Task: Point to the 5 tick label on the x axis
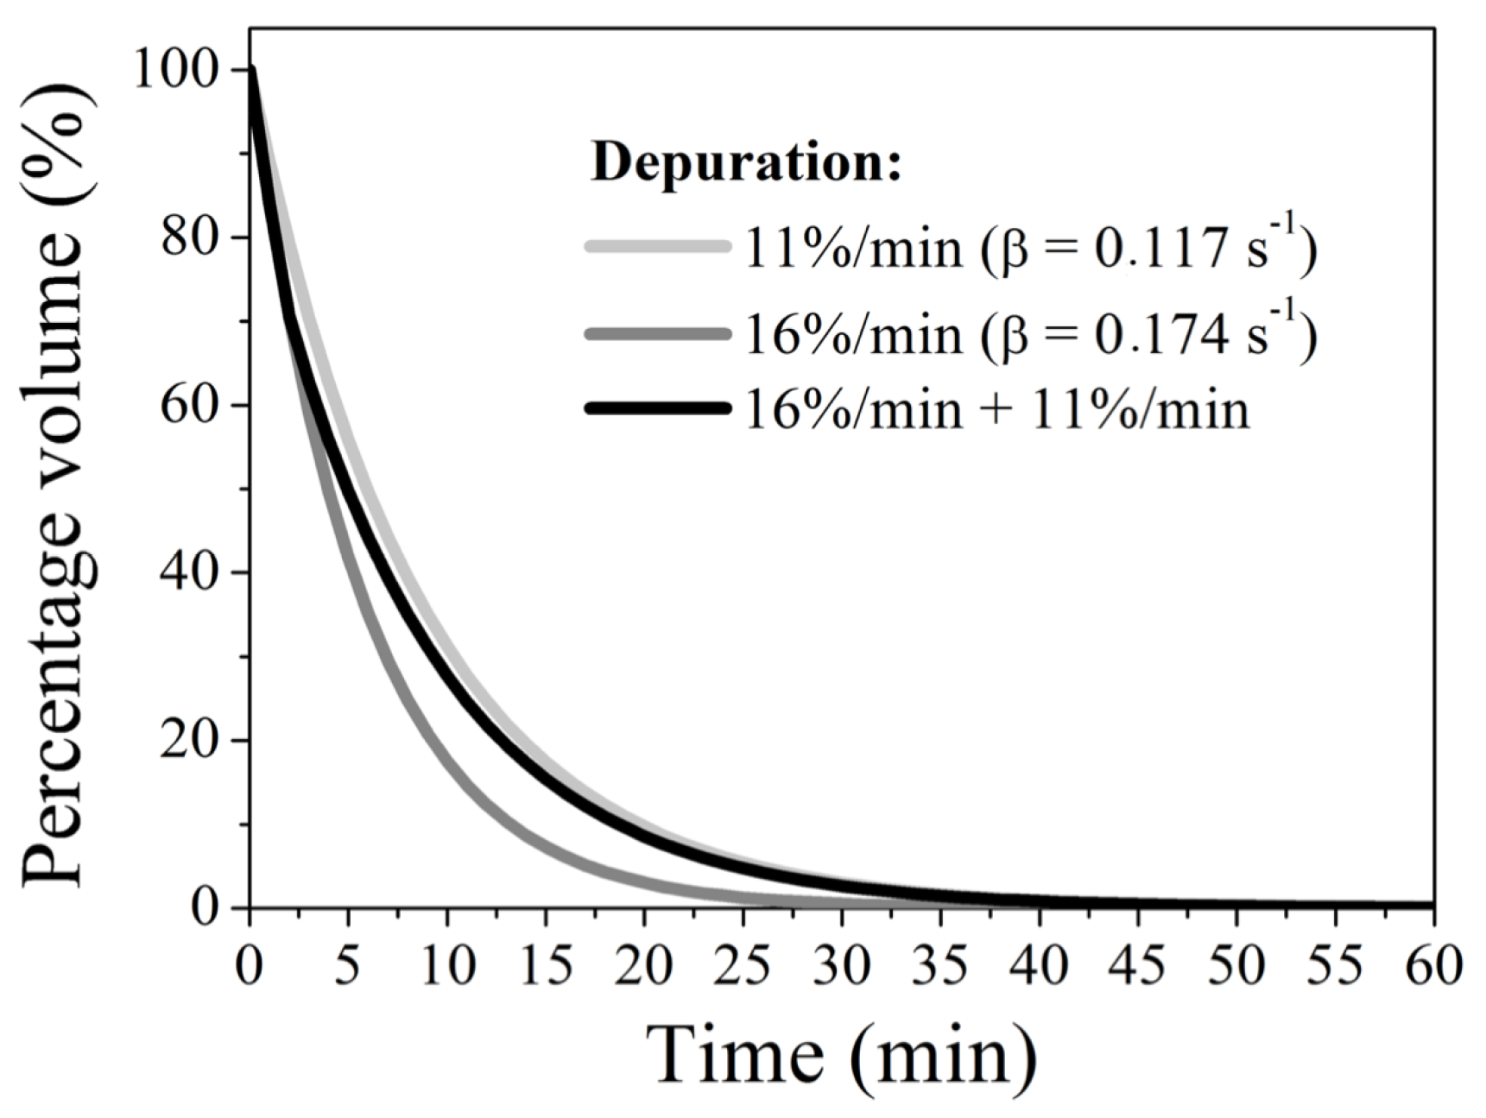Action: [347, 965]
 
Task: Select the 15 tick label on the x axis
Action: [545, 965]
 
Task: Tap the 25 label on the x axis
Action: [743, 965]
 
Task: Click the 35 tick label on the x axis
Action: [940, 965]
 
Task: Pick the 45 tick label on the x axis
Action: [1138, 965]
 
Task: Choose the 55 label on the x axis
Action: [1336, 965]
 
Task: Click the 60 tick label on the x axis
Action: [1434, 965]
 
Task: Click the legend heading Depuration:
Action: [746, 162]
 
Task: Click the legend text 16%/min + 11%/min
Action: [996, 409]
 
